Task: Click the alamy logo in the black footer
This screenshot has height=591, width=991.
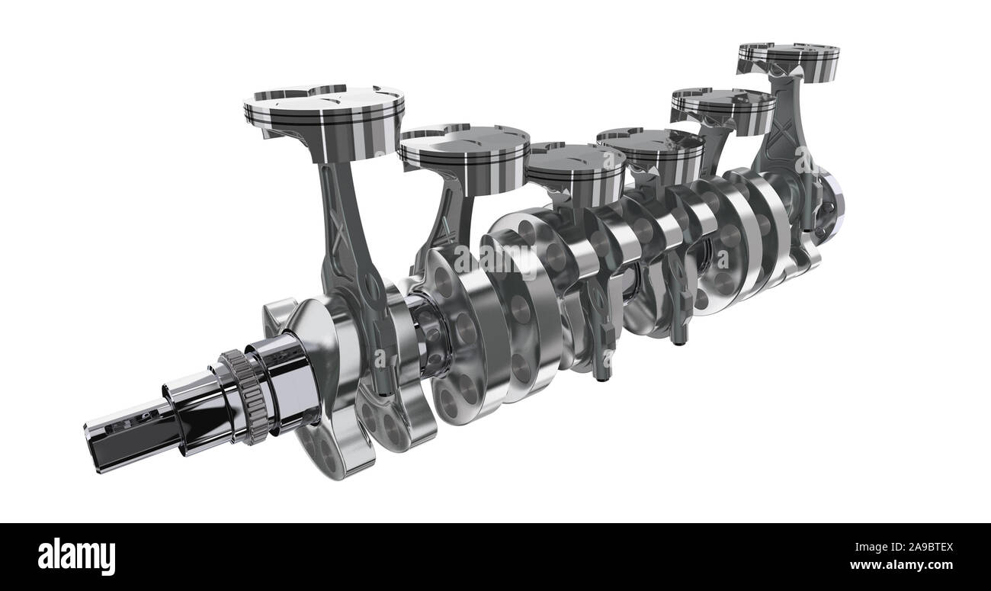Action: (76, 556)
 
